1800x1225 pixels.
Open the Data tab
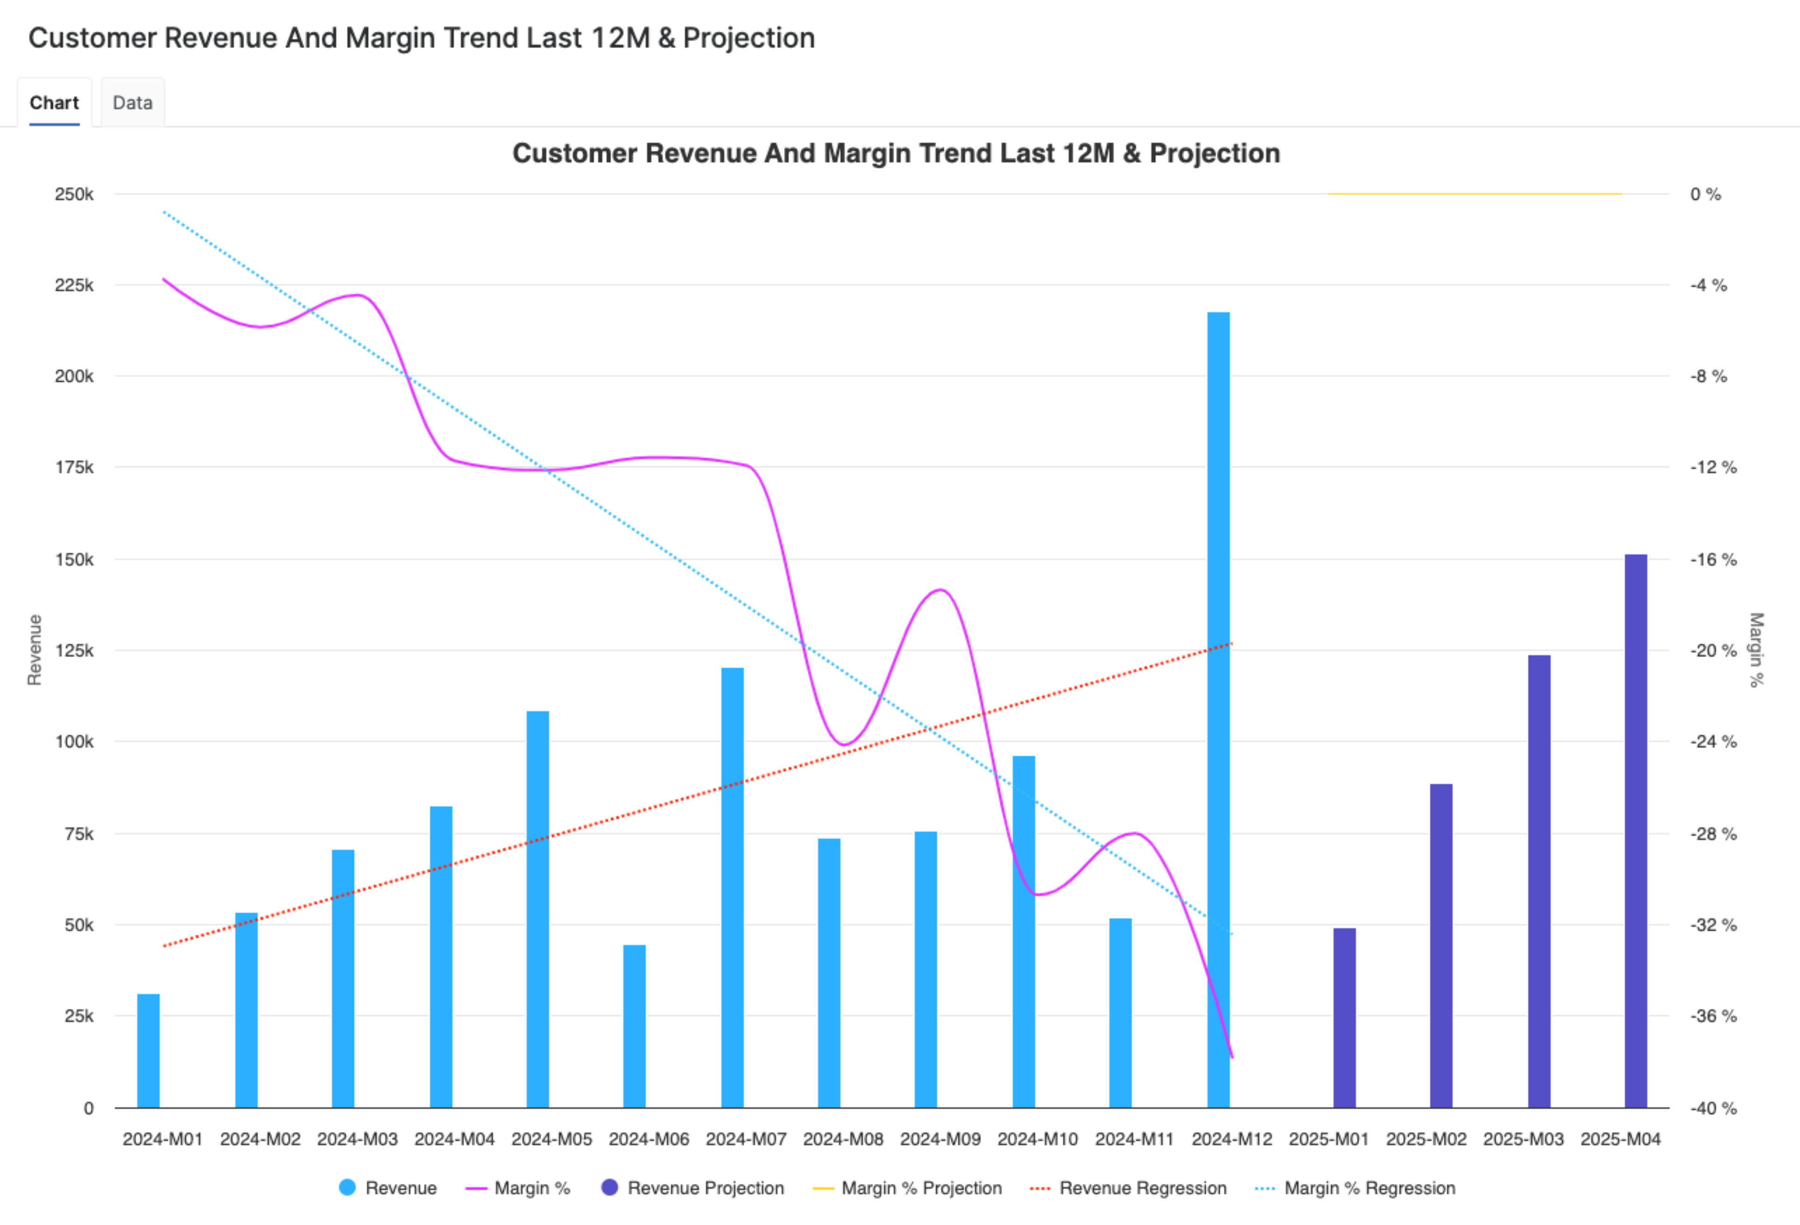tap(133, 103)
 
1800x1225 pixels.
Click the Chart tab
tap(54, 103)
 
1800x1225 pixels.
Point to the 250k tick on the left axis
tap(74, 194)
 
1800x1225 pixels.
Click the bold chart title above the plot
tap(896, 154)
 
